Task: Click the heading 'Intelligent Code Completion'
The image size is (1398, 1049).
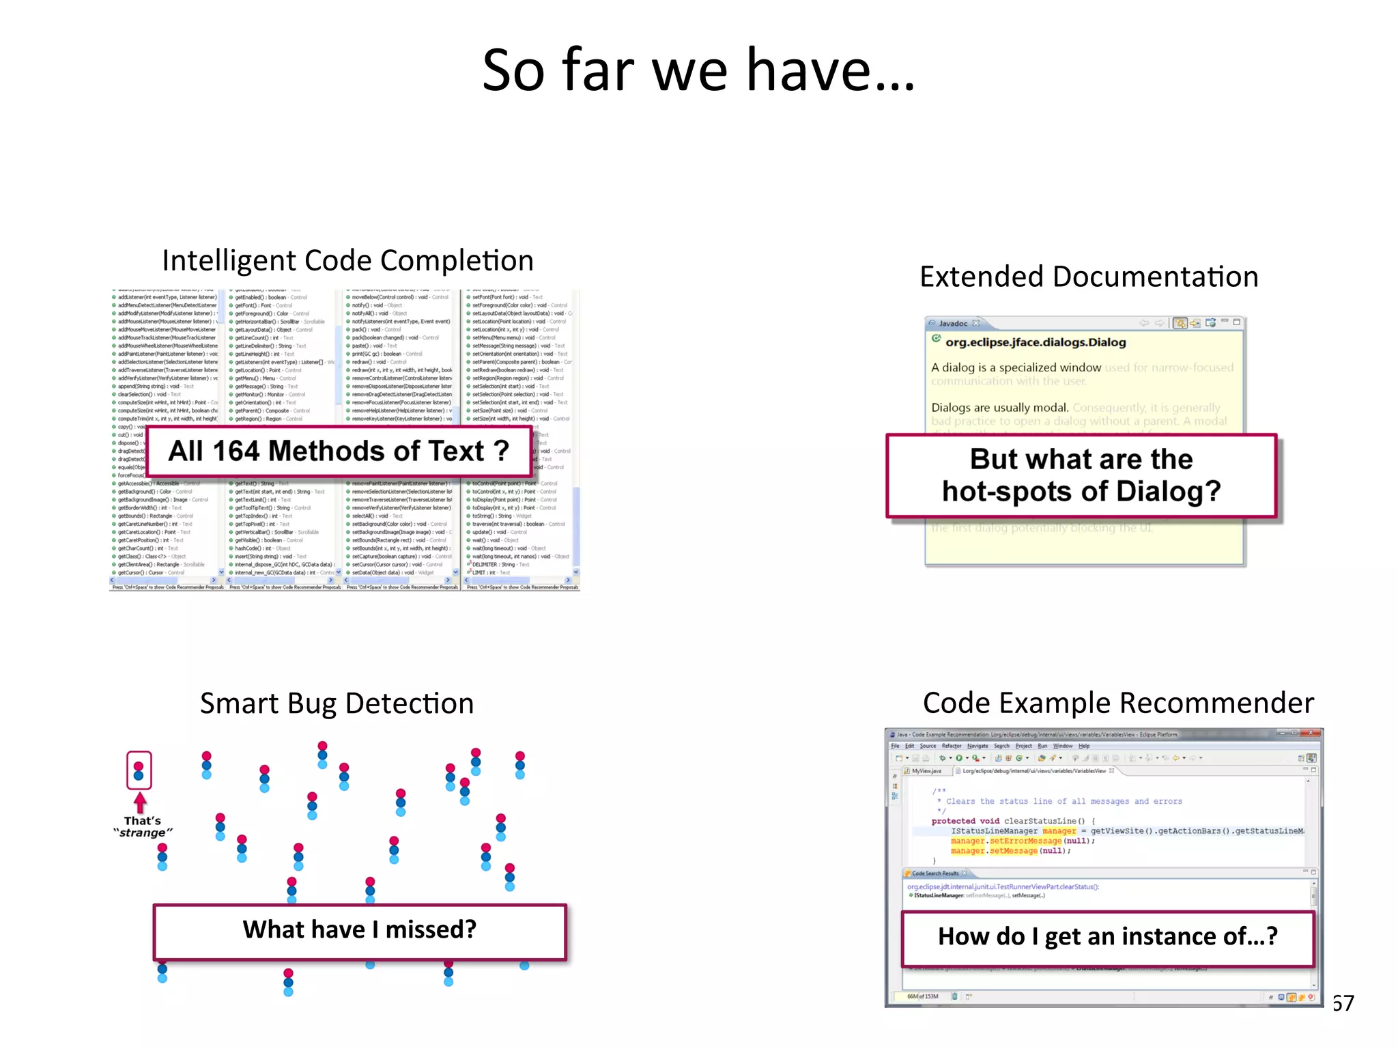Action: pyautogui.click(x=347, y=261)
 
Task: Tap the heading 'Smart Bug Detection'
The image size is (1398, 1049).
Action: pyautogui.click(x=337, y=703)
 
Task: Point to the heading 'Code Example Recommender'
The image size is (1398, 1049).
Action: pyautogui.click(x=1118, y=703)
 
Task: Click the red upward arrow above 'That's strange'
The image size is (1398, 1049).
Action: pyautogui.click(x=140, y=802)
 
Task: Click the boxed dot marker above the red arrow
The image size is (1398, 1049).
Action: pyautogui.click(x=139, y=770)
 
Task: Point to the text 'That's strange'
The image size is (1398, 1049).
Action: pyautogui.click(x=143, y=827)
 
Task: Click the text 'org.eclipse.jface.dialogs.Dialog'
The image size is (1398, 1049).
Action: pyautogui.click(x=1035, y=343)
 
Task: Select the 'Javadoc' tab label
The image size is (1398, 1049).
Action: pyautogui.click(x=952, y=324)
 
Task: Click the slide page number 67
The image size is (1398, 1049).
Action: pyautogui.click(x=1343, y=1003)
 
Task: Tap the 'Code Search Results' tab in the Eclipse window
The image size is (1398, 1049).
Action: pyautogui.click(x=935, y=873)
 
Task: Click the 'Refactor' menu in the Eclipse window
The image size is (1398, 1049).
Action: pyautogui.click(x=951, y=746)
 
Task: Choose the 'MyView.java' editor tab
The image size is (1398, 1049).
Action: pyautogui.click(x=926, y=771)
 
